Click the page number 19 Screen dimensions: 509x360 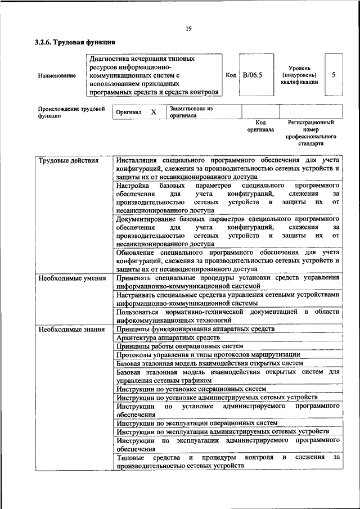(187, 29)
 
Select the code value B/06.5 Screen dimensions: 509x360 (253, 75)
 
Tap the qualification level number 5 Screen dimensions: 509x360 (334, 75)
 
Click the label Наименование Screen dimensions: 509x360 (57, 75)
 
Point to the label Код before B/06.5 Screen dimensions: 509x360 (231, 75)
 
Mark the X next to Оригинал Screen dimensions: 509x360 (154, 112)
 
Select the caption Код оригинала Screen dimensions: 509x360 (260, 125)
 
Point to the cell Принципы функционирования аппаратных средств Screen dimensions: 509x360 (195, 328)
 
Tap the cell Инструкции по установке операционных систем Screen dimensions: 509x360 (191, 389)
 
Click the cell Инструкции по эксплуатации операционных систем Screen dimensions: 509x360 (197, 423)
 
